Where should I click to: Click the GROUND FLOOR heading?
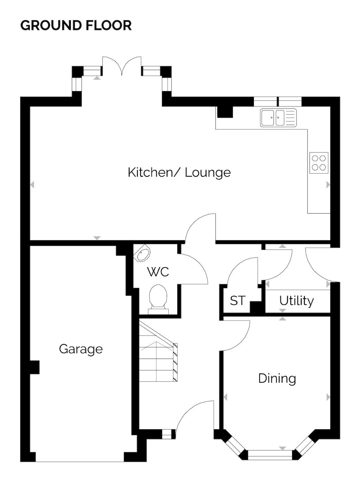(x=76, y=25)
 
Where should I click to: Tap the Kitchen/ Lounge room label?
(x=179, y=172)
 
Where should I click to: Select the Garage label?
(x=81, y=349)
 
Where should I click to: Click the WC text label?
(x=158, y=272)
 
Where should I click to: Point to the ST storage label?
(x=237, y=301)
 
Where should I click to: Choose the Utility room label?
(x=296, y=301)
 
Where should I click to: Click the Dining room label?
(x=277, y=379)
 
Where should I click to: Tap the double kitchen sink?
(x=278, y=118)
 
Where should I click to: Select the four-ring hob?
(x=319, y=163)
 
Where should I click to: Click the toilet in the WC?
(x=158, y=300)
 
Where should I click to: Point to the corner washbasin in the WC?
(x=142, y=253)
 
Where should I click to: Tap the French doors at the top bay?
(x=122, y=66)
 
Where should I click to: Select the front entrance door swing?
(x=193, y=419)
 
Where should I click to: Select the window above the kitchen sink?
(x=278, y=102)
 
